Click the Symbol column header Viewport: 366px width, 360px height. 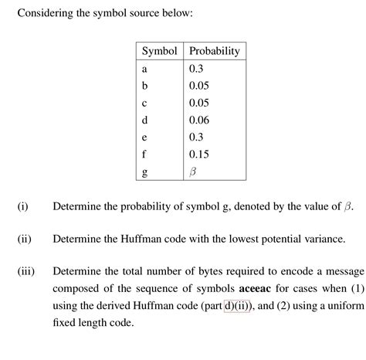(x=160, y=51)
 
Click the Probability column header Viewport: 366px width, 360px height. (x=214, y=51)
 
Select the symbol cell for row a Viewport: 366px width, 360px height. (x=144, y=69)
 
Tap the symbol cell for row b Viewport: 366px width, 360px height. (x=144, y=86)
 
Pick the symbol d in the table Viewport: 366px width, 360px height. (x=144, y=120)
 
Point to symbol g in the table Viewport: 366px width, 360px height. (x=144, y=172)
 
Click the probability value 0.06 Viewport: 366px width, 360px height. (x=200, y=120)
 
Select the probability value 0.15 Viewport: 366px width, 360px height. (x=200, y=154)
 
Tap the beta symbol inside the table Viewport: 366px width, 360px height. (x=194, y=172)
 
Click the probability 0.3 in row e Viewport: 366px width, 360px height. (x=197, y=137)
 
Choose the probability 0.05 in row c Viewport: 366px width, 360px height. (x=200, y=103)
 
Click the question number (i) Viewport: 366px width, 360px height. (x=22, y=207)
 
